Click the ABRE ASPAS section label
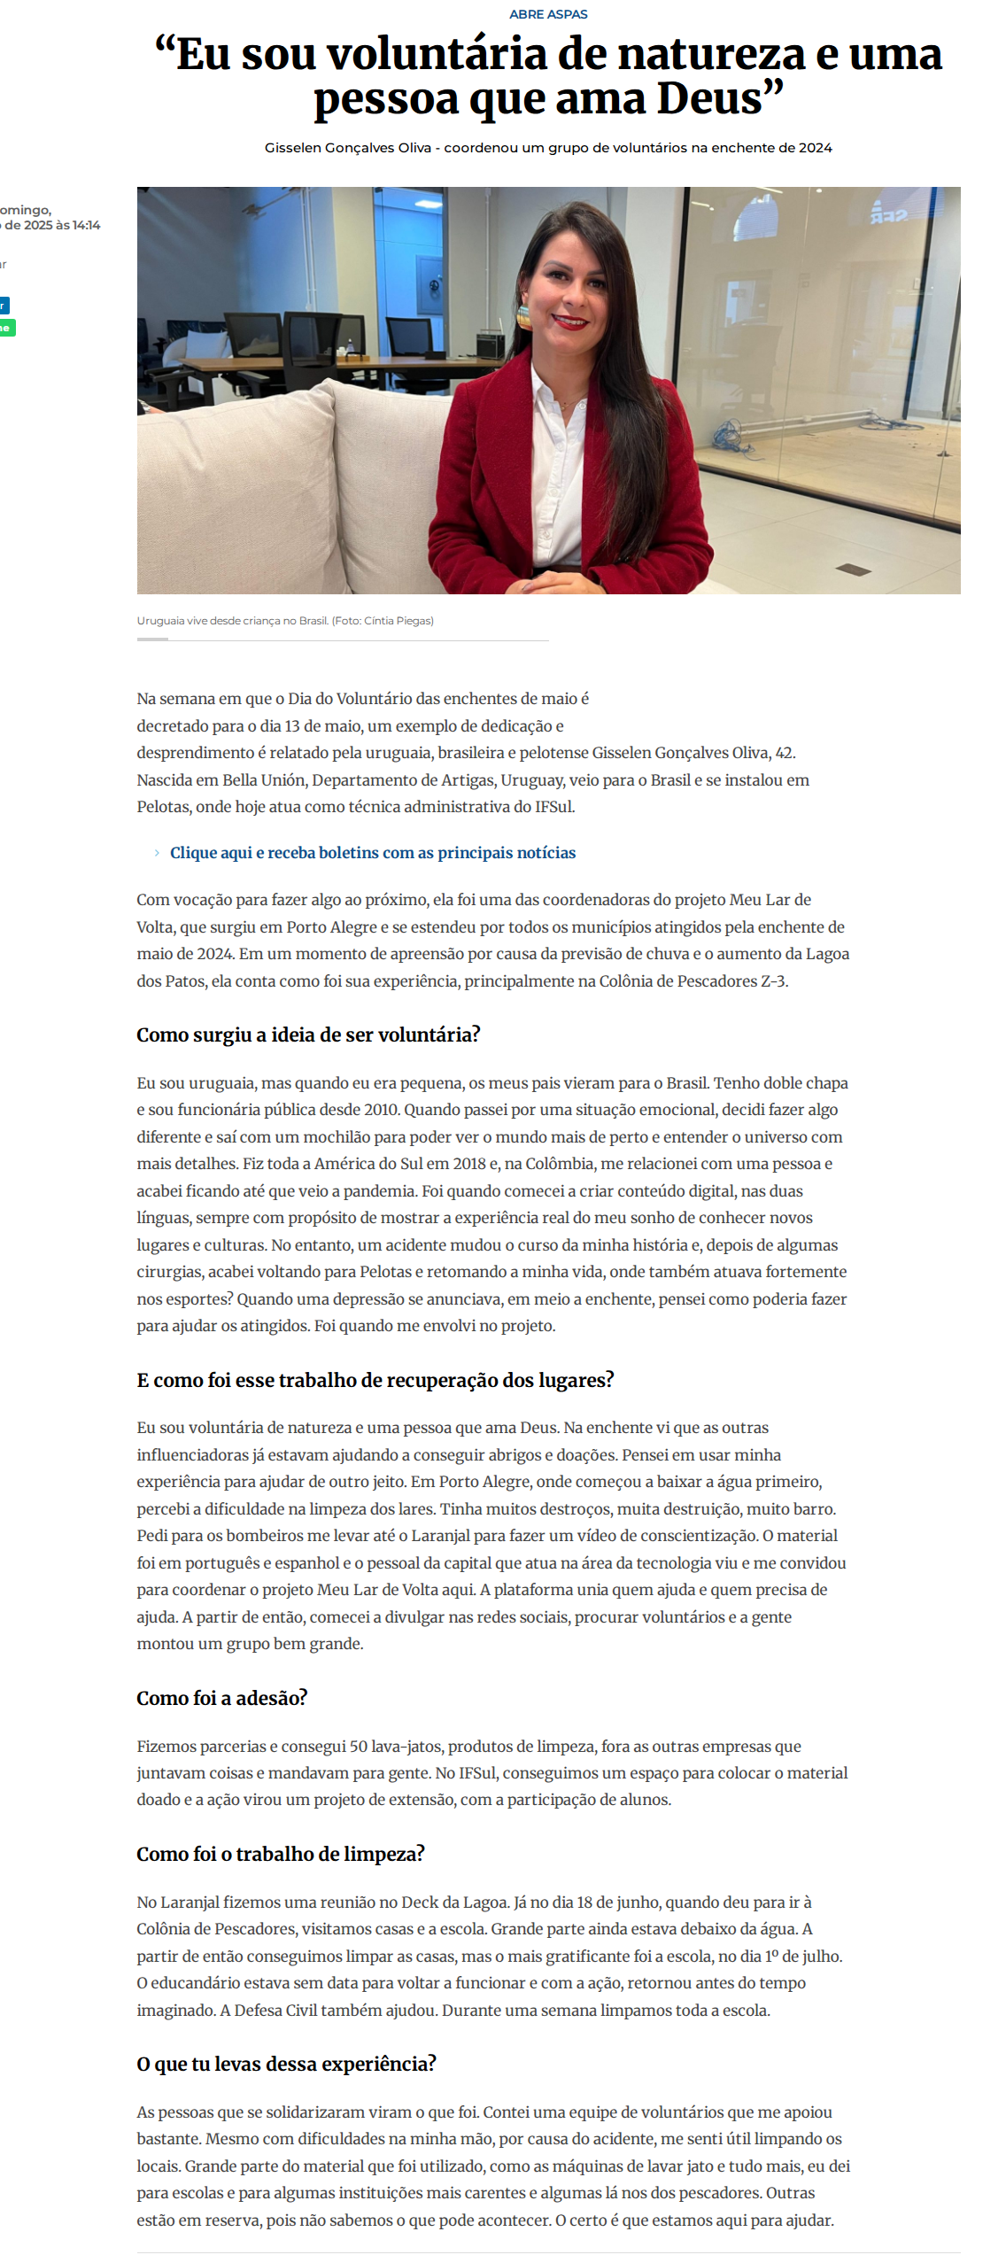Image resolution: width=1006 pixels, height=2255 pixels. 548,14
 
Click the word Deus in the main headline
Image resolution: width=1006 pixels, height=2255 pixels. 708,98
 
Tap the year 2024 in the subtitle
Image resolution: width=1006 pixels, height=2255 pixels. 815,148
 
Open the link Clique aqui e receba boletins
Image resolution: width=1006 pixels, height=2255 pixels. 373,853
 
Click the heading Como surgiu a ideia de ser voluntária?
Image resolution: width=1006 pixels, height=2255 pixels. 308,1035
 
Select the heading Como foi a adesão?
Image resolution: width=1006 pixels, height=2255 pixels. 221,1698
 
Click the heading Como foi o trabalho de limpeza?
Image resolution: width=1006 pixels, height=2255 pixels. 281,1854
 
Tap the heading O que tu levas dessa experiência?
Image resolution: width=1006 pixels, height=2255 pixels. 286,2064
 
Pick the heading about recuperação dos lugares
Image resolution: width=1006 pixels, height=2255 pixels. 375,1380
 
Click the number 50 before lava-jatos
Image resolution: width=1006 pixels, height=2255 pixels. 359,1747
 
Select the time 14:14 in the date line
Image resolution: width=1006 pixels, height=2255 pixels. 87,225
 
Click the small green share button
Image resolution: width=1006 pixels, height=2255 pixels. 6,328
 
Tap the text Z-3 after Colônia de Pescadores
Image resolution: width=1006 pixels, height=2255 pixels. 773,981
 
